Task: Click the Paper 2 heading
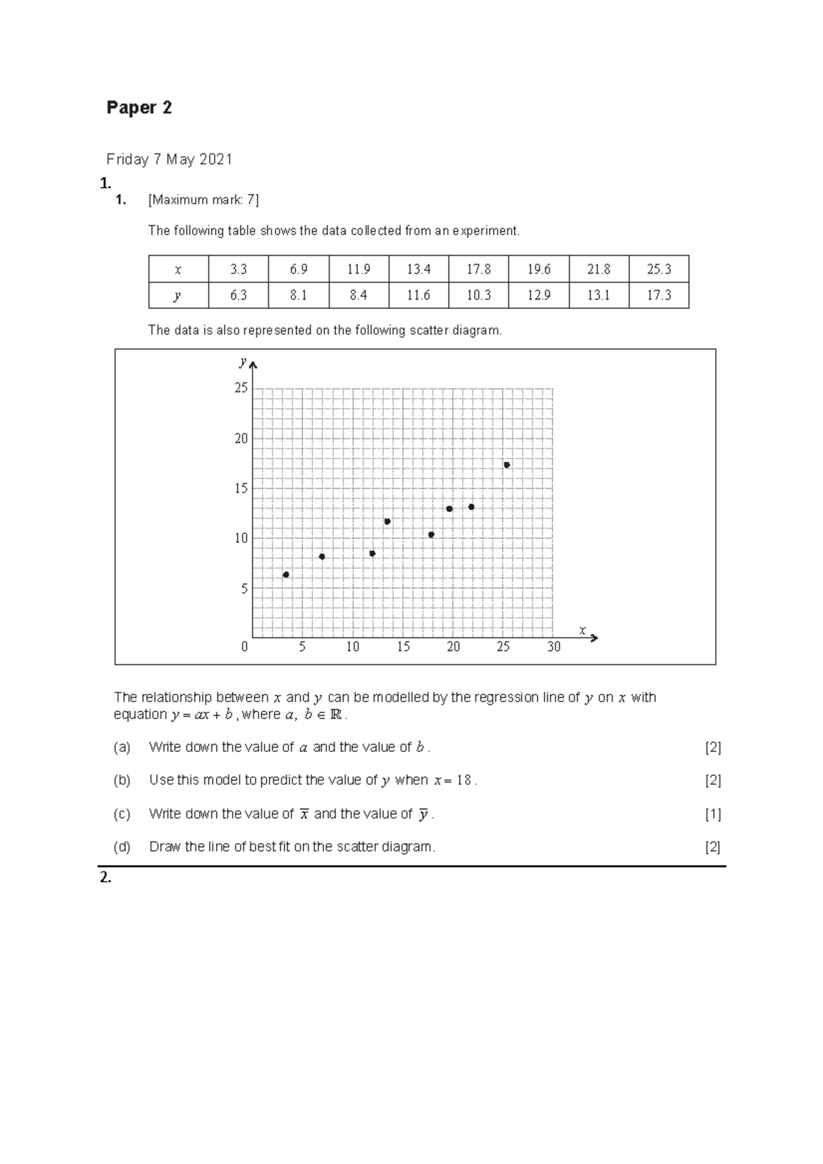[139, 108]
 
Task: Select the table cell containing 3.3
[238, 269]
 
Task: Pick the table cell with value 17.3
[658, 295]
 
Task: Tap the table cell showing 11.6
[418, 295]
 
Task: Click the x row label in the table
[178, 269]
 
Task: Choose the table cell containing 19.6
[538, 269]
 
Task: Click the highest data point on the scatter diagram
[506, 465]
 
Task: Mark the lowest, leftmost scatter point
[286, 574]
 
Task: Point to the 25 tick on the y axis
[241, 389]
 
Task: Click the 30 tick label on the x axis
[553, 647]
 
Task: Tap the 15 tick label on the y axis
[241, 489]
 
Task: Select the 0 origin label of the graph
[245, 647]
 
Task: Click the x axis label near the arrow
[582, 631]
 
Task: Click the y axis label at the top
[243, 361]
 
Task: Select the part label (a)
[122, 747]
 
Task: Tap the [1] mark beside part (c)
[713, 814]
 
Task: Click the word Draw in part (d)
[165, 847]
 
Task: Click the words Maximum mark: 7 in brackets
[204, 200]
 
